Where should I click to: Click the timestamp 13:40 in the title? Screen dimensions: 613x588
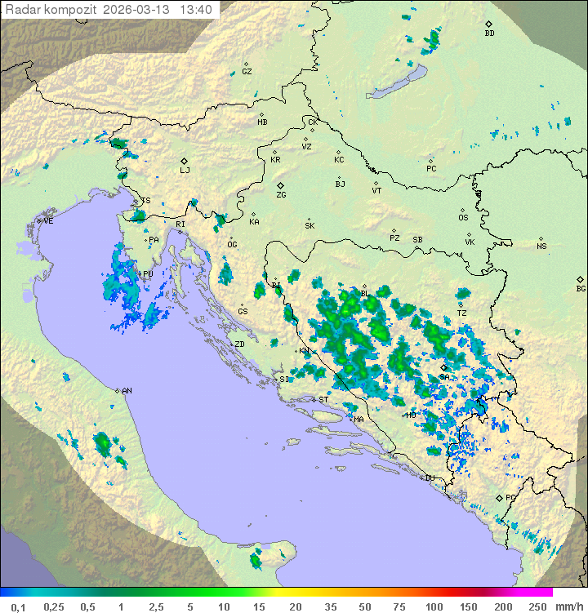point(196,10)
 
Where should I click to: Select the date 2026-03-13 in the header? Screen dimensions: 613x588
point(140,10)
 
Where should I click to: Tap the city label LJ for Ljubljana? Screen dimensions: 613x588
point(185,170)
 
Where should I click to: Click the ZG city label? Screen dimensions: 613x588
point(281,195)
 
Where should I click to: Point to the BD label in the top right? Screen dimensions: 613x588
point(489,33)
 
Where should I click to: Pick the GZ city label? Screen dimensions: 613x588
point(247,71)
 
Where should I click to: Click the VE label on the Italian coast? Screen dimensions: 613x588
point(48,221)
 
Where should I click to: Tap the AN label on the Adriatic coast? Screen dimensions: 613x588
point(127,391)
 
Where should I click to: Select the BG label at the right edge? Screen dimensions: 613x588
point(581,288)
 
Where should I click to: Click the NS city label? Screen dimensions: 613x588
point(541,247)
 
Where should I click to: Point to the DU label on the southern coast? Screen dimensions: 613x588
point(430,478)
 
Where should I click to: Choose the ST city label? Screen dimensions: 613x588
point(323,400)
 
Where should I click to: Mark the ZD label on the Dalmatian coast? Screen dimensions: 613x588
point(239,344)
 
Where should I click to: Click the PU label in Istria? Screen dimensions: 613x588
point(148,274)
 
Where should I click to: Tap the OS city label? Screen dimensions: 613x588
point(463,218)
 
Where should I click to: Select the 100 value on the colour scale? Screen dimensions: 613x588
point(434,606)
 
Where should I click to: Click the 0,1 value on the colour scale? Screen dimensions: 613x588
point(18,606)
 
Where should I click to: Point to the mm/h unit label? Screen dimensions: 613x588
point(564,606)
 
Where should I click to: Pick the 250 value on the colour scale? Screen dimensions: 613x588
point(537,606)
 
